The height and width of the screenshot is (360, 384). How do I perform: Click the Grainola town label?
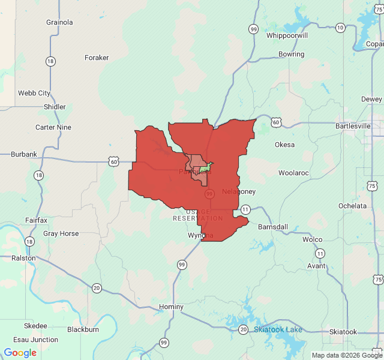click(x=59, y=22)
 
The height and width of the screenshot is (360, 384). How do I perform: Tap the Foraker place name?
click(x=97, y=58)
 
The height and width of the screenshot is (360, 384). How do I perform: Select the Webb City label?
click(x=34, y=93)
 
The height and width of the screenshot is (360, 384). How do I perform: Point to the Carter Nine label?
click(x=53, y=127)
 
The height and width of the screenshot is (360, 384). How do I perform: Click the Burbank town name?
click(x=24, y=154)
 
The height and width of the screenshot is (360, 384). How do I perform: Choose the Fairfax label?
click(x=37, y=220)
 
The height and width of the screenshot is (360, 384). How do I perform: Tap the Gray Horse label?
click(x=61, y=233)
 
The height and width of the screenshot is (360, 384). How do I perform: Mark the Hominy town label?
click(x=171, y=307)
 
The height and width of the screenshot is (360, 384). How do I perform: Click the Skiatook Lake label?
click(x=278, y=329)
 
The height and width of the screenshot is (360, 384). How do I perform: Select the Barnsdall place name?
click(x=273, y=227)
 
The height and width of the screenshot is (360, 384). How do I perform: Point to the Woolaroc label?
click(x=293, y=173)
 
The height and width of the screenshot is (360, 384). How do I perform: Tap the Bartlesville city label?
click(x=352, y=127)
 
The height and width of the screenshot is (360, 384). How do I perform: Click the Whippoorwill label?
click(x=287, y=35)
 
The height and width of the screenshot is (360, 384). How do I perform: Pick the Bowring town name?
click(x=292, y=54)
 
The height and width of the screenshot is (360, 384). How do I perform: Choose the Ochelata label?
click(x=352, y=206)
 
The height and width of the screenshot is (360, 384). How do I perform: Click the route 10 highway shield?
click(x=340, y=28)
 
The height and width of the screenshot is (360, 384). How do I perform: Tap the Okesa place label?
click(x=284, y=145)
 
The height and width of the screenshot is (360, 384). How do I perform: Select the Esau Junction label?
click(x=37, y=340)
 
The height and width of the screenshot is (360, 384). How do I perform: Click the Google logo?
click(x=20, y=353)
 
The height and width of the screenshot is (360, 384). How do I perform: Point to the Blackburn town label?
click(x=83, y=329)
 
